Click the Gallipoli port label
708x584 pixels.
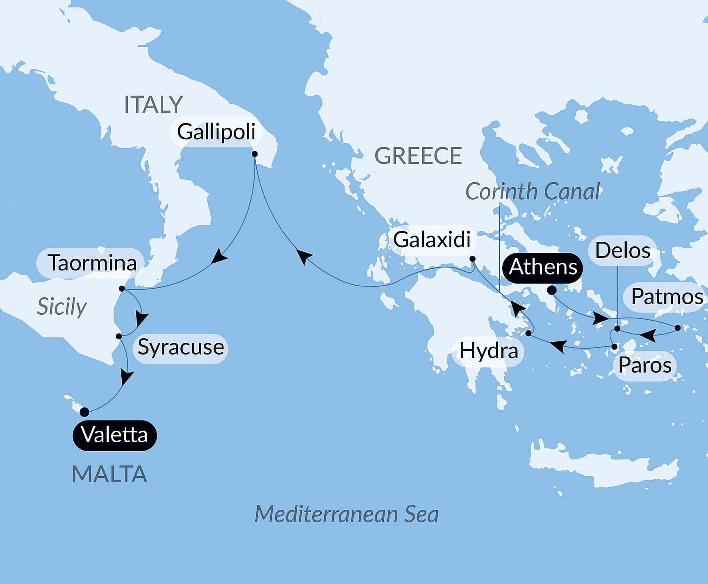point(216,132)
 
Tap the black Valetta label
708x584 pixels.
point(114,435)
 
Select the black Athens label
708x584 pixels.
point(543,267)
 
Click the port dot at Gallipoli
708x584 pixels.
point(255,154)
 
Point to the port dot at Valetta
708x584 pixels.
point(84,412)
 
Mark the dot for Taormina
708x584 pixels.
point(122,289)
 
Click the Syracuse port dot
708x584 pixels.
point(119,336)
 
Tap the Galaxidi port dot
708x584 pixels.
point(472,259)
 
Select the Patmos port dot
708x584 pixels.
point(678,327)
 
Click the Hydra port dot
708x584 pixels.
point(528,333)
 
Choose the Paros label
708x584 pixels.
point(644,365)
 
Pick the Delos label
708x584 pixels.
point(622,250)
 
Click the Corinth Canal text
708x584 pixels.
point(533,191)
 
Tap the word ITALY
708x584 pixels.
point(153,105)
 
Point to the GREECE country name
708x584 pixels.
point(418,156)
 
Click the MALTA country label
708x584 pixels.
point(109,474)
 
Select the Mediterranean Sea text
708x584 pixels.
point(346,514)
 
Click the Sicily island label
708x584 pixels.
point(62,307)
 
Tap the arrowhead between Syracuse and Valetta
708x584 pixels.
point(126,377)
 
